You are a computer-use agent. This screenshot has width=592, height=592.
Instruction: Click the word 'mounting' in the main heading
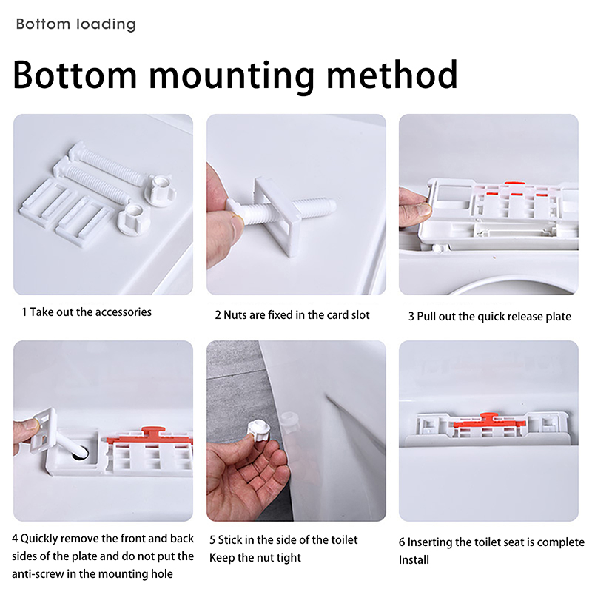click(232, 77)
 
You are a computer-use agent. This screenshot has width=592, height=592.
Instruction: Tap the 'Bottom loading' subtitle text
click(76, 24)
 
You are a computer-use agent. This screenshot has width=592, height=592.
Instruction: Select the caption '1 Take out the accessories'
click(87, 312)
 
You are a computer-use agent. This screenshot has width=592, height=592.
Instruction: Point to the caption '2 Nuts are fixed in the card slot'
click(292, 315)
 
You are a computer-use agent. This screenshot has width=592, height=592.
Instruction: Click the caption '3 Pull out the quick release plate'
click(490, 317)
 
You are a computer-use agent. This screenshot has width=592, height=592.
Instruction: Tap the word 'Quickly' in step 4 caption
click(38, 539)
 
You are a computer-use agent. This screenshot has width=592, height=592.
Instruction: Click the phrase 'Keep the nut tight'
click(255, 558)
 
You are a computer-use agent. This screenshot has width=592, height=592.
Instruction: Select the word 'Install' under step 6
click(414, 559)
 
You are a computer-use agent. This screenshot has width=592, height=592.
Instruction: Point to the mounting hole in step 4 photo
click(81, 454)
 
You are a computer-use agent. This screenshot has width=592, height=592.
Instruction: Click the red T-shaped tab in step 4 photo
click(153, 434)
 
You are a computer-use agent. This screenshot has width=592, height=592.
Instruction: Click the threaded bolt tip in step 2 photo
click(329, 206)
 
